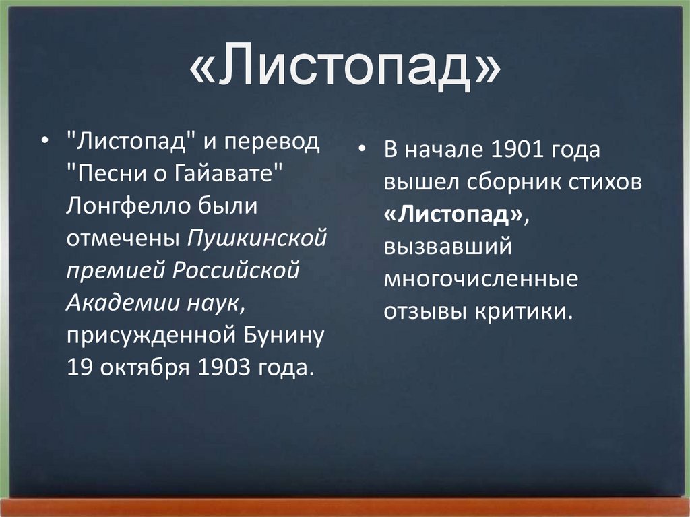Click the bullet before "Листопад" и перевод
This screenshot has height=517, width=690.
pyautogui.click(x=44, y=143)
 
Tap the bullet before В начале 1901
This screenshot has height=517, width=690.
pyautogui.click(x=363, y=150)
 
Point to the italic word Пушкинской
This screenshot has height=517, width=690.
pyautogui.click(x=257, y=239)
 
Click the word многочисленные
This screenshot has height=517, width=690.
pyautogui.click(x=481, y=279)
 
